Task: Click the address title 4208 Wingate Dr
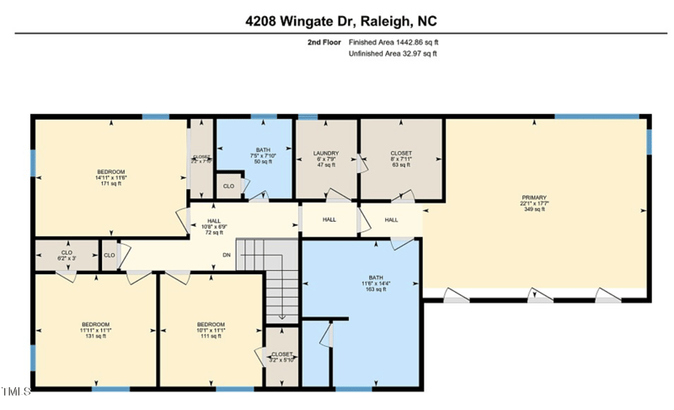(x=340, y=20)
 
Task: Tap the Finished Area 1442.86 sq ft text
(x=393, y=40)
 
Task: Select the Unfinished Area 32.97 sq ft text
(x=392, y=54)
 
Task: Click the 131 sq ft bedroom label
(x=95, y=330)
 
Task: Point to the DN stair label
(x=226, y=256)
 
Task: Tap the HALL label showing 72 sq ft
(x=211, y=225)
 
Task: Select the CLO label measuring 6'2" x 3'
(x=67, y=254)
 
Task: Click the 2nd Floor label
(x=324, y=40)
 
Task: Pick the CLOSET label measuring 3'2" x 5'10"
(x=281, y=357)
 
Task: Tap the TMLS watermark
(x=16, y=391)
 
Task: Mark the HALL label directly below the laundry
(x=329, y=219)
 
